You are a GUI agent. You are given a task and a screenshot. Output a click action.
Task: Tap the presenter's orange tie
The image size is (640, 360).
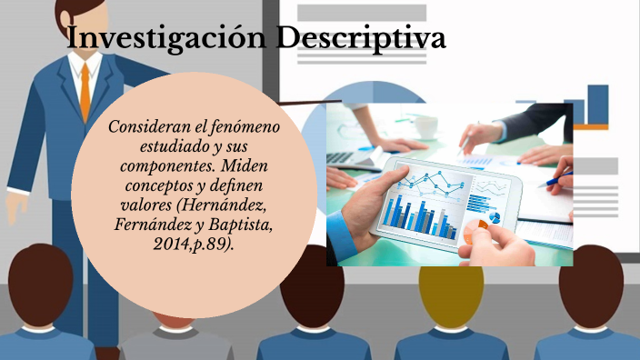pyautogui.click(x=85, y=91)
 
